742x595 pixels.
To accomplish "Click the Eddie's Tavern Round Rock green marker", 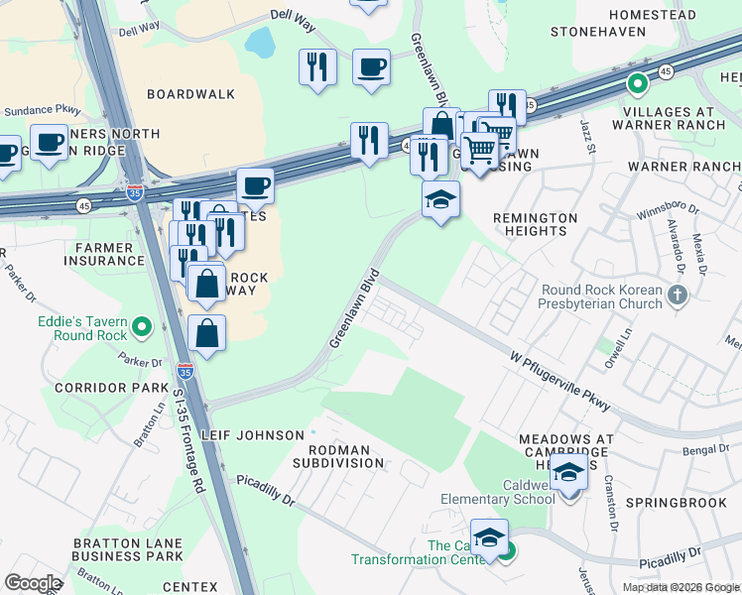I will [x=142, y=325].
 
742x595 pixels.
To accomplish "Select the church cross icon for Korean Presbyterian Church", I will [x=678, y=295].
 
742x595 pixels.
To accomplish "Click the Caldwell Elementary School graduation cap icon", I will [x=568, y=472].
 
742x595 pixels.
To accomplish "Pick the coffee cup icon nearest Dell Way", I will [x=371, y=67].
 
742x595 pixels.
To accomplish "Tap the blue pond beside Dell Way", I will [x=261, y=42].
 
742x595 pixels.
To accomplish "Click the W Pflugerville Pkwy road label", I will [x=559, y=379].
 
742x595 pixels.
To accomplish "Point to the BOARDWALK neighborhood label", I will [x=190, y=94].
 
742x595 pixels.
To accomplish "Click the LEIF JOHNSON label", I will [x=252, y=435].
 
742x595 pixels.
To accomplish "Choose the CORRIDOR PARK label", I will [x=112, y=387].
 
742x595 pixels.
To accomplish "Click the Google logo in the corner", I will [x=33, y=582].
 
